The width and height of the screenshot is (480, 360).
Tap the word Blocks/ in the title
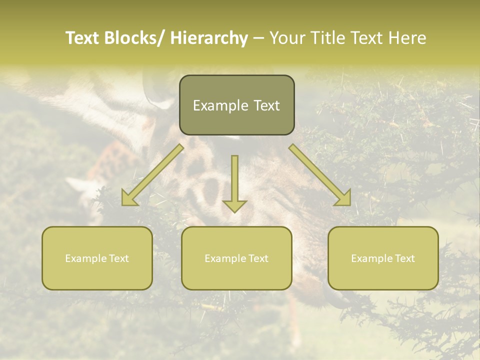pos(135,38)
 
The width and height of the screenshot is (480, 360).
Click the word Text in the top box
pos(266,106)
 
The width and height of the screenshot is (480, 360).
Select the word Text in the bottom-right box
pos(404,258)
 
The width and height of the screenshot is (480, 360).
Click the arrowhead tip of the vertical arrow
pos(234,211)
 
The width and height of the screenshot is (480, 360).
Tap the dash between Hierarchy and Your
pos(258,38)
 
